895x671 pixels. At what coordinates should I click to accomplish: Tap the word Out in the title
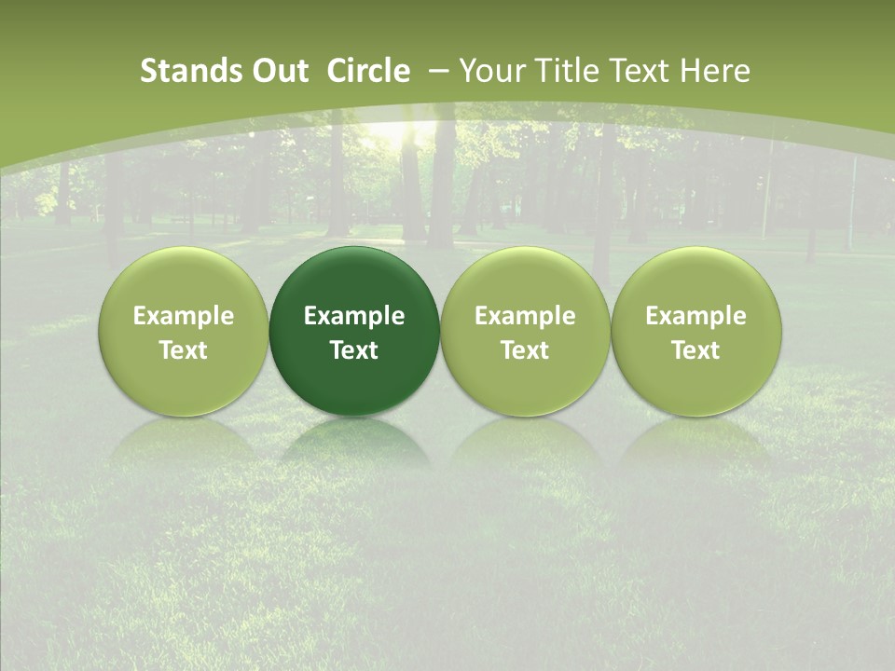[x=278, y=71]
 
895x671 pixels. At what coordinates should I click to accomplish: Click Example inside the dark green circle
[x=354, y=316]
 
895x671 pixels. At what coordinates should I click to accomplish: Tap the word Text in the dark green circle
[x=354, y=350]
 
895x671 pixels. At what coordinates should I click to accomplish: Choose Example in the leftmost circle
[x=184, y=316]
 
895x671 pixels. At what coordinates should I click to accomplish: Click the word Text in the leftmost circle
[x=184, y=350]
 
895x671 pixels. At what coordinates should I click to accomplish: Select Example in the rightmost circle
[x=696, y=316]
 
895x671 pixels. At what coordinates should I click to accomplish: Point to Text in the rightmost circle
[x=696, y=350]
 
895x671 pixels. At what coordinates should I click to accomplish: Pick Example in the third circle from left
[x=525, y=316]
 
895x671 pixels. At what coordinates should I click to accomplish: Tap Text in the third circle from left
[x=525, y=350]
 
